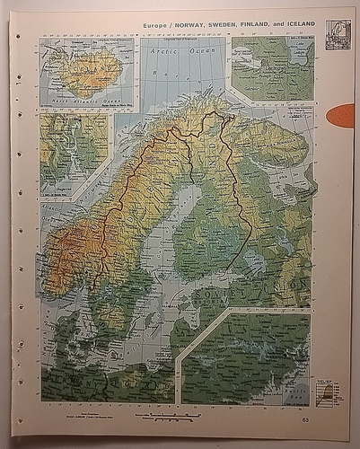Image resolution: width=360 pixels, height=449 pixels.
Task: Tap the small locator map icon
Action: click(338, 35)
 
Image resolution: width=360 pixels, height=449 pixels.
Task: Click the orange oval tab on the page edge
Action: click(342, 116)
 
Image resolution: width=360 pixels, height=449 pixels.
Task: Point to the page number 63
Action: click(306, 420)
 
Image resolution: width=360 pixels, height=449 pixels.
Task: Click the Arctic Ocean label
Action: click(165, 54)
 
